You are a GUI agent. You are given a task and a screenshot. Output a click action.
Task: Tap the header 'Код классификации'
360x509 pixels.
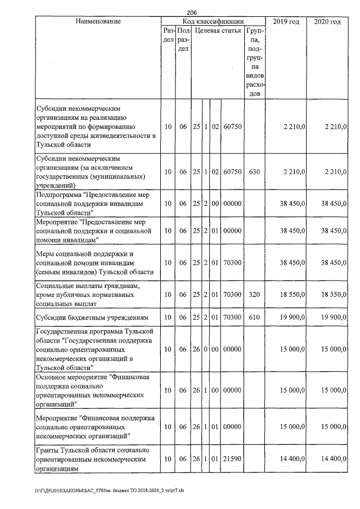(213, 21)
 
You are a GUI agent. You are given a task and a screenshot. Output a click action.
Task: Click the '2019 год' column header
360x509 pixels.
(286, 21)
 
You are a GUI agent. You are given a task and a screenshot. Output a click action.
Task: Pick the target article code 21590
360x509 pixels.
(232, 460)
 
